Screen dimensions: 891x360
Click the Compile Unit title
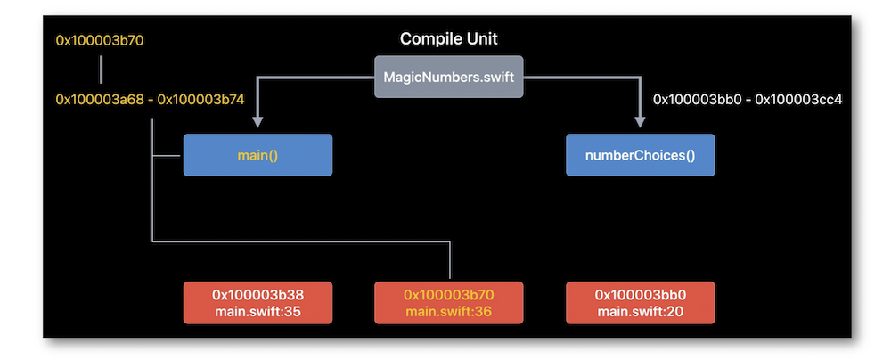tap(448, 38)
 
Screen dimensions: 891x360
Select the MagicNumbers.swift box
tap(448, 77)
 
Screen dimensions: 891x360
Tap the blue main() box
tap(257, 155)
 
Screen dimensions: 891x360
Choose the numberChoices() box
tap(641, 155)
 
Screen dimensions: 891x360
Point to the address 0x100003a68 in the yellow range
tap(100, 100)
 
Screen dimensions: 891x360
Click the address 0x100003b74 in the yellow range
tap(200, 100)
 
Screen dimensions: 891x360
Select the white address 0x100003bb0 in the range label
tap(698, 100)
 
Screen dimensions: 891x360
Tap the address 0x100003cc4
tap(798, 100)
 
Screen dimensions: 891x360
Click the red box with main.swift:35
tap(257, 303)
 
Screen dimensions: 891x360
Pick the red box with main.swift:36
tap(448, 303)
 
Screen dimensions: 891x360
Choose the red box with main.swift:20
tap(641, 303)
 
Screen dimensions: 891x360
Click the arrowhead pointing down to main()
tap(257, 122)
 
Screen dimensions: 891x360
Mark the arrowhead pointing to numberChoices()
tap(641, 122)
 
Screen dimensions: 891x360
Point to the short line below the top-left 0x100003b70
tap(102, 70)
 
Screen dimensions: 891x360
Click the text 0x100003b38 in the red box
tap(257, 295)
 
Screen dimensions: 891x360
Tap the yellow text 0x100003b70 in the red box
tap(448, 295)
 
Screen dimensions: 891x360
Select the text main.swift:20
tap(641, 312)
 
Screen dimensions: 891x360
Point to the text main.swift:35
tap(257, 312)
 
